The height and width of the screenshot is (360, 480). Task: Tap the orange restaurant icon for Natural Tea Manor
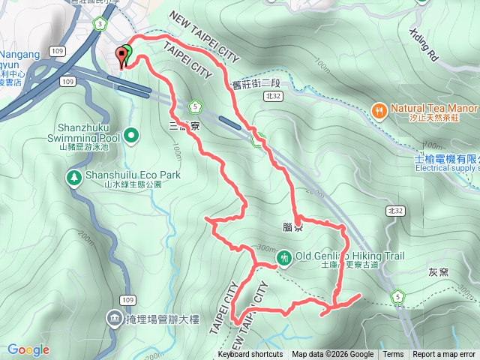tap(380, 109)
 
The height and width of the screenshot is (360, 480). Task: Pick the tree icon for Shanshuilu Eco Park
tap(74, 177)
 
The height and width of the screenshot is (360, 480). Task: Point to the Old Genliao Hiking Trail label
tap(349, 256)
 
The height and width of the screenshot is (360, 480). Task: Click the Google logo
tap(28, 349)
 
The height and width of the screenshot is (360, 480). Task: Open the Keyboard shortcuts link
tap(250, 355)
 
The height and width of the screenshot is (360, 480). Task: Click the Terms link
tap(393, 355)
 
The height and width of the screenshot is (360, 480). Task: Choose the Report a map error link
tap(444, 355)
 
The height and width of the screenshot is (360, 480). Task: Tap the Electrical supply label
tap(447, 168)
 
